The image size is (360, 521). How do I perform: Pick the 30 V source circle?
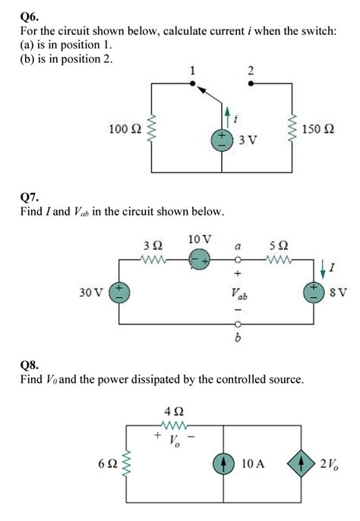coord(118,292)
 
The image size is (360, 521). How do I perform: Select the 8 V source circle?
coord(313,292)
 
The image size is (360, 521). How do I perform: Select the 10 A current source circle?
coord(225,463)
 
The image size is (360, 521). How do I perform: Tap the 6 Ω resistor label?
coord(107,463)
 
